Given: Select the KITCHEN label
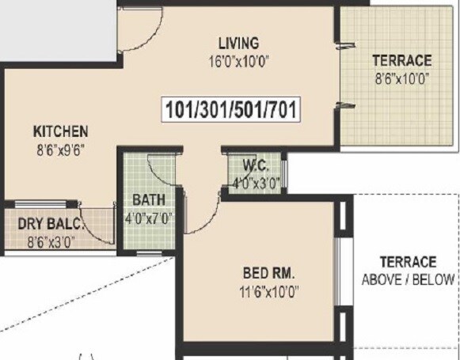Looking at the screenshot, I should point(60,131).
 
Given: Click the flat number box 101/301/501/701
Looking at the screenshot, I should point(231,110).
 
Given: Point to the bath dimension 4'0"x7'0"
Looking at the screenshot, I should point(148,217).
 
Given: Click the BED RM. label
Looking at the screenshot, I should point(269,274).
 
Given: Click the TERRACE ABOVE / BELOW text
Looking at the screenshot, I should point(408,270).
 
